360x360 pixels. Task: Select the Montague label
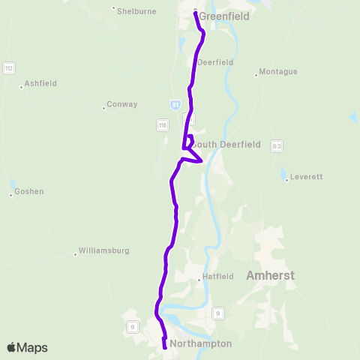[278, 72]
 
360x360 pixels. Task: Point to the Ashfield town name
[40, 83]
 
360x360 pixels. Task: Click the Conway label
[122, 104]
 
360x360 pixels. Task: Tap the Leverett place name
[306, 177]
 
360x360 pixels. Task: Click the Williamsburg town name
[104, 250]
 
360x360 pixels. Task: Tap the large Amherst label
[270, 276]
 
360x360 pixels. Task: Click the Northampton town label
[201, 344]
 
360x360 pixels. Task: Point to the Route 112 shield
[9, 68]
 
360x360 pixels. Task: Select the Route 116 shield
[162, 125]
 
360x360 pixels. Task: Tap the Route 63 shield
[277, 145]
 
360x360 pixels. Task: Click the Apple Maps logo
[27, 347]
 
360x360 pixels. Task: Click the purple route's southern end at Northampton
[164, 347]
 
